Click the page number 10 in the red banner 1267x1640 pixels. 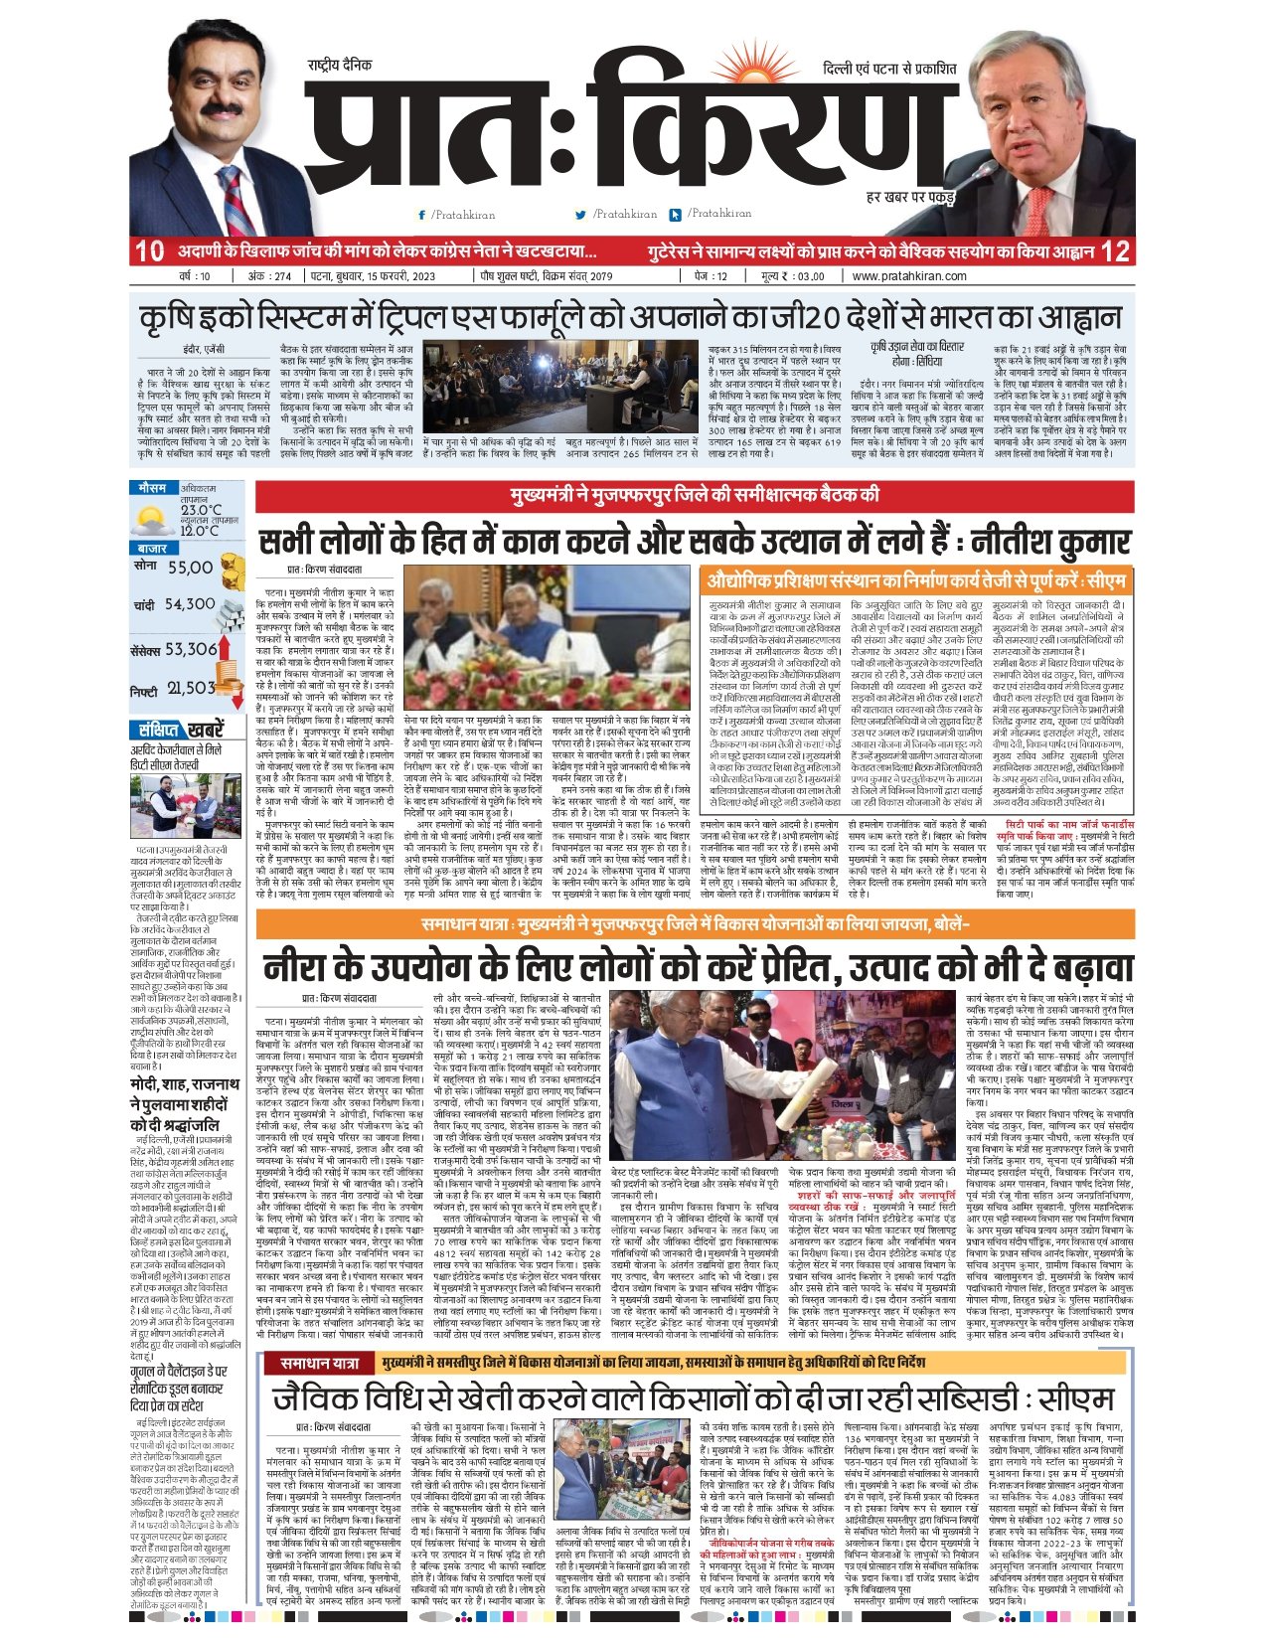(x=149, y=250)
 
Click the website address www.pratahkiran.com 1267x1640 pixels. (x=908, y=276)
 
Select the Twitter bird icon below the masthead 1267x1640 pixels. (x=580, y=215)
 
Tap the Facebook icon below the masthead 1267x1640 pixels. (x=422, y=215)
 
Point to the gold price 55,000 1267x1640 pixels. (x=190, y=568)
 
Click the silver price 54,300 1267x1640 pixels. (x=190, y=604)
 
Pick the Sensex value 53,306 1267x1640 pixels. (x=191, y=649)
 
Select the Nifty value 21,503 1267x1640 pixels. (x=191, y=688)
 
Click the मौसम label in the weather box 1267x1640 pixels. (x=152, y=488)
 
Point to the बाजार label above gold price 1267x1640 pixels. (x=152, y=549)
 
